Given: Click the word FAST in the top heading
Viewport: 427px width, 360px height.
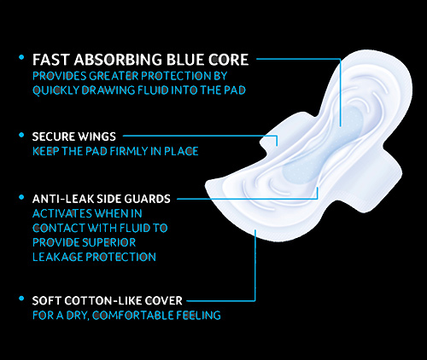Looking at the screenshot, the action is pos(51,60).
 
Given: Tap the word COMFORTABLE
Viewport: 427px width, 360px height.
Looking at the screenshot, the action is pos(132,316).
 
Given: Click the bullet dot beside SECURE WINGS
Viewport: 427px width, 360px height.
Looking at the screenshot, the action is pos(21,135).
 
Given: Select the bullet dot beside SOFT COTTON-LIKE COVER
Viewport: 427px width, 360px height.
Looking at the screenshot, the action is pos(21,299).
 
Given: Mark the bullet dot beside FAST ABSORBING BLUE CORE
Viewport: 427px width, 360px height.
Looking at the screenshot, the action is pos(21,57).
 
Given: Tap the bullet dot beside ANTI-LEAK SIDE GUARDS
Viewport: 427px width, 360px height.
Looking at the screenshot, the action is pos(21,197).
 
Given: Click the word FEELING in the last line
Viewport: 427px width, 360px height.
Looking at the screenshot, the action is pos(198,316).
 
